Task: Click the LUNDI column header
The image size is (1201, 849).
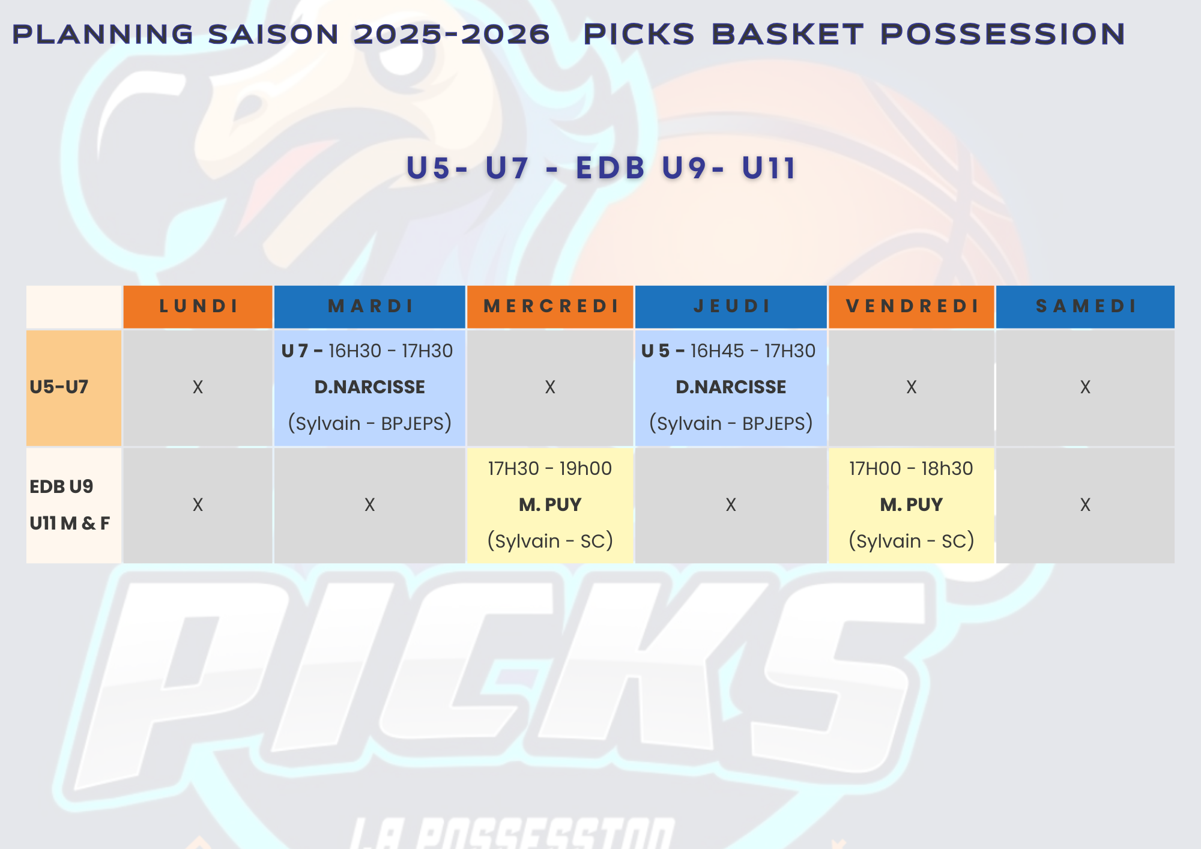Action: pos(198,306)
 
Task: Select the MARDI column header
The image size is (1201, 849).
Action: pos(370,306)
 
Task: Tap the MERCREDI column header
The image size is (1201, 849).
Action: pos(551,306)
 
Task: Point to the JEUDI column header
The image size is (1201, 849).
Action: pos(731,306)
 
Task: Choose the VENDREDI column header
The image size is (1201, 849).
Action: pos(912,306)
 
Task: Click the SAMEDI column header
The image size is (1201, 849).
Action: pos(1086,306)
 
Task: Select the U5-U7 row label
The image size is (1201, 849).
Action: pos(59,387)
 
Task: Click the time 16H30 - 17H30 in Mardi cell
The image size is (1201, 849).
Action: pos(391,351)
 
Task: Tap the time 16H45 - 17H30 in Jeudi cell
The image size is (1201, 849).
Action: pos(753,351)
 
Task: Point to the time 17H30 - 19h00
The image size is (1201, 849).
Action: pos(550,468)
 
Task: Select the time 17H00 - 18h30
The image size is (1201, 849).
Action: pos(911,468)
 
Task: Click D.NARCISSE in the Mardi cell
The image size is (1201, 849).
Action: pos(370,387)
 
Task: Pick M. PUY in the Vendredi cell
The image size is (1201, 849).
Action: pos(912,504)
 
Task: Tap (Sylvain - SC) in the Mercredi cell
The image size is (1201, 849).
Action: pos(550,541)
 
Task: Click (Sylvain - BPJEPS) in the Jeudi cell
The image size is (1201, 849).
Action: pos(731,423)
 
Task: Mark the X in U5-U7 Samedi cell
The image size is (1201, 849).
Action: pos(1085,387)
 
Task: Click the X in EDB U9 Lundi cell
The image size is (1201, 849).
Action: pos(198,505)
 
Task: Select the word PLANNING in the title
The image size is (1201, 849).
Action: pos(103,34)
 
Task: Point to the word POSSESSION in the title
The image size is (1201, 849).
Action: pos(1003,34)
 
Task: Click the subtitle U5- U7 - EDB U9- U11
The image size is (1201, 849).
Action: pos(602,168)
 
